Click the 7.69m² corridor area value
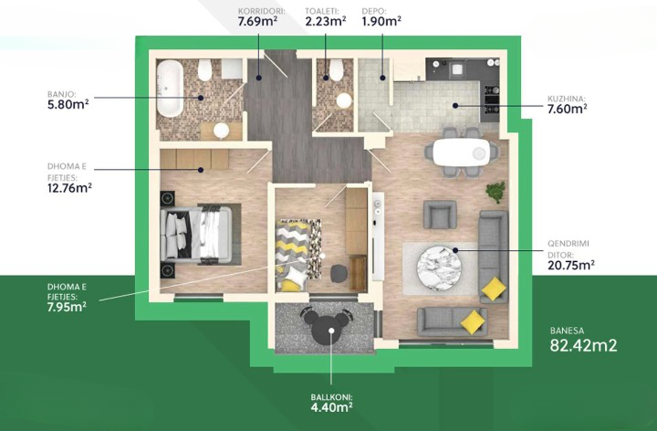[257, 21]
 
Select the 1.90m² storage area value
[381, 21]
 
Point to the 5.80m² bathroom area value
[68, 104]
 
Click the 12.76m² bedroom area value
[69, 188]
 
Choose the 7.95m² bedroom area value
[67, 307]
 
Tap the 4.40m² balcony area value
[331, 407]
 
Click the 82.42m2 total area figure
[583, 345]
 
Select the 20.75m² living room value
[571, 265]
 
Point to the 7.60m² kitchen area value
[568, 109]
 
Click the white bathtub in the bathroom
[170, 89]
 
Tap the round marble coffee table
[439, 268]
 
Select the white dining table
[461, 152]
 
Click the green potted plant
[495, 192]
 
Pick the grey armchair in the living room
[440, 215]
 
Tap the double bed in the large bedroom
[195, 235]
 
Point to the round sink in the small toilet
[344, 100]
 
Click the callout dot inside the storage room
[382, 78]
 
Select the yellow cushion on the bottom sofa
[473, 322]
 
